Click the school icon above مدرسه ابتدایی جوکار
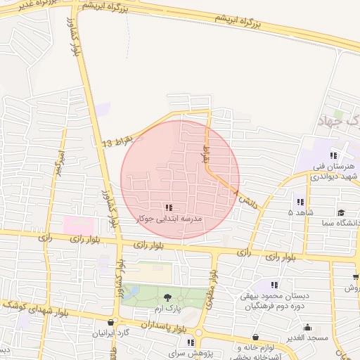click(168, 207)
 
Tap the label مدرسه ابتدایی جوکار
click(169, 219)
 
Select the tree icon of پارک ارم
click(167, 298)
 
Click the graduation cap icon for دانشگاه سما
click(341, 212)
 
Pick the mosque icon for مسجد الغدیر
click(307, 327)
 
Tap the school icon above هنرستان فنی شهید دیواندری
click(333, 155)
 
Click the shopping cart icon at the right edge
click(356, 276)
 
